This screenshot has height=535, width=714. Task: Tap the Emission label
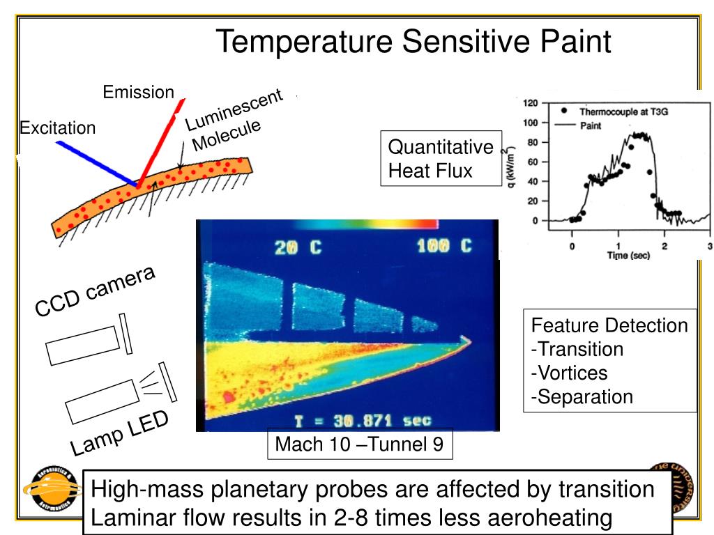[x=138, y=92]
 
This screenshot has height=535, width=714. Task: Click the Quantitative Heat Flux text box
[x=440, y=158]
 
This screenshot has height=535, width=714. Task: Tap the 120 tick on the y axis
[x=530, y=103]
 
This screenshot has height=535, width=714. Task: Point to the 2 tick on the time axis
[x=664, y=246]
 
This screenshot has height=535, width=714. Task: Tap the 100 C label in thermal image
[x=445, y=247]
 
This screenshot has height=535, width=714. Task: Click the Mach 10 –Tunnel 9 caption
[x=359, y=444]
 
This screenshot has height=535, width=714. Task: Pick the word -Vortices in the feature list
[x=569, y=373]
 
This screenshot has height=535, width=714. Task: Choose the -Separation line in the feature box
[x=582, y=396]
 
